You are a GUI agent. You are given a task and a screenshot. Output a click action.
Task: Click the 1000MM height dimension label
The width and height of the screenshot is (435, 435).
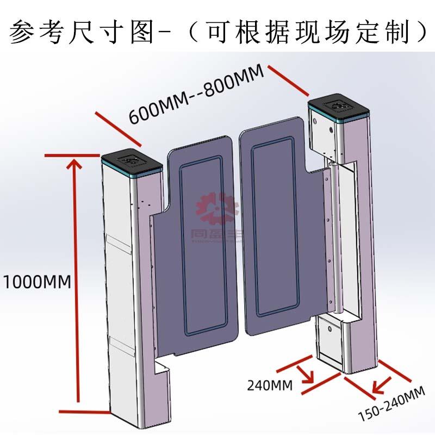pos(36,282)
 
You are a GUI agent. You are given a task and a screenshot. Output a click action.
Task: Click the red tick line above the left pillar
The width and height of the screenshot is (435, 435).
pos(118,128)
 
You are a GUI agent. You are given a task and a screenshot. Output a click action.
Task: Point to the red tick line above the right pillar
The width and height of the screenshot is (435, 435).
pos(288,78)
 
